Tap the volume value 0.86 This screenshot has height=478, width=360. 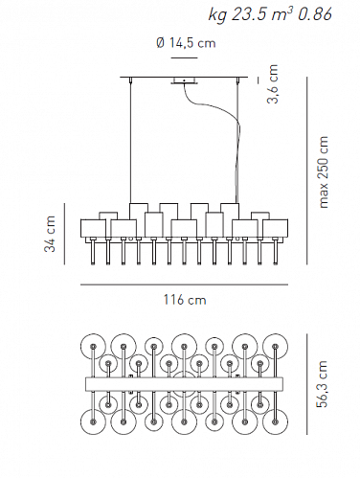pyautogui.click(x=314, y=14)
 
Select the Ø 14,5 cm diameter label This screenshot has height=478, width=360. pyautogui.click(x=186, y=43)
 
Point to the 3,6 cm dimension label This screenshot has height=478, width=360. pyautogui.click(x=273, y=84)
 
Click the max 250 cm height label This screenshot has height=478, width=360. pyautogui.click(x=323, y=172)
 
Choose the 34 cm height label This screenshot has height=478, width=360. pyautogui.click(x=50, y=234)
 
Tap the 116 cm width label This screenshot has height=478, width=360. pyautogui.click(x=185, y=300)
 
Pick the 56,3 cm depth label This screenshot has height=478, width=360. pyautogui.click(x=323, y=384)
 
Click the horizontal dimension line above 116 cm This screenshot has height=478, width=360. pyautogui.click(x=184, y=285)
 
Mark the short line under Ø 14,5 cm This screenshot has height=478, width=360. pyautogui.click(x=184, y=57)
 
